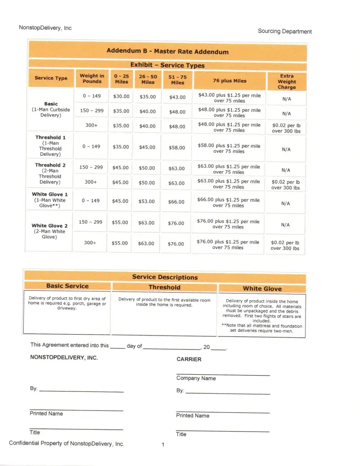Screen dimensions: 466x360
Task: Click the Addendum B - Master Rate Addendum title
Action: [x=167, y=51]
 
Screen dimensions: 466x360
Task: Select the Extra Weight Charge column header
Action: [x=286, y=81]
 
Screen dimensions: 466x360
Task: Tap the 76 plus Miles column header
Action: [x=230, y=81]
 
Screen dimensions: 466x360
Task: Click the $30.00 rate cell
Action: [x=121, y=97]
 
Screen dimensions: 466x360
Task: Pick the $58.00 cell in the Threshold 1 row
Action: [x=177, y=148]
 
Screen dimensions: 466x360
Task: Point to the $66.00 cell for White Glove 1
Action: [x=176, y=202]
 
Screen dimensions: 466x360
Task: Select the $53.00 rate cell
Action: [x=147, y=202]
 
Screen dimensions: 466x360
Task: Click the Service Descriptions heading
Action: [x=165, y=277]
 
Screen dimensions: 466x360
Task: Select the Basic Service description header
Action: [x=67, y=286]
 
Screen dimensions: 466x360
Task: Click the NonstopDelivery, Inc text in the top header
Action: [x=45, y=28]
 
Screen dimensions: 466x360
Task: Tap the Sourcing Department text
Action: [x=285, y=31]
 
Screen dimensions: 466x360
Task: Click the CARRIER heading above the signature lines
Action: [x=189, y=359]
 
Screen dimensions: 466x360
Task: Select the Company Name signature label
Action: [x=196, y=378]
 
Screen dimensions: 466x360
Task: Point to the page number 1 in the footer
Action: [x=163, y=445]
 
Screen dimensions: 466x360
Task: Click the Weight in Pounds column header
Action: [x=92, y=78]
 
